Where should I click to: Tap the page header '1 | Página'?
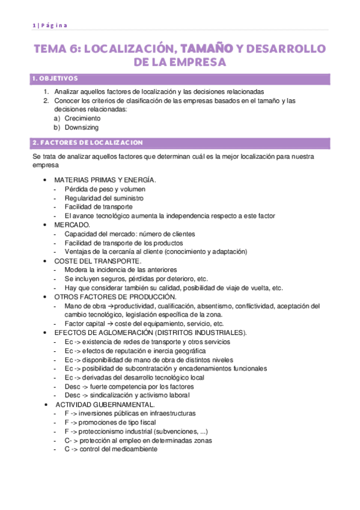click(50, 25)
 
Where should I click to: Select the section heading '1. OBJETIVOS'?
click(55, 79)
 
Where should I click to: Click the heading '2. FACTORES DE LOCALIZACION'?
click(88, 143)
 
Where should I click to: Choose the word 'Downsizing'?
click(82, 127)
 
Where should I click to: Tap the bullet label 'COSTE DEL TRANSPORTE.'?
click(98, 261)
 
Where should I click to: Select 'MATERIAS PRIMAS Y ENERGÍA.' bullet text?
click(105, 180)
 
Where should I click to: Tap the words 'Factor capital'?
click(85, 324)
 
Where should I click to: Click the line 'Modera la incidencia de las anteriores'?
click(121, 269)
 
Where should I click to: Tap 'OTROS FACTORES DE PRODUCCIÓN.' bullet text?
click(115, 296)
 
